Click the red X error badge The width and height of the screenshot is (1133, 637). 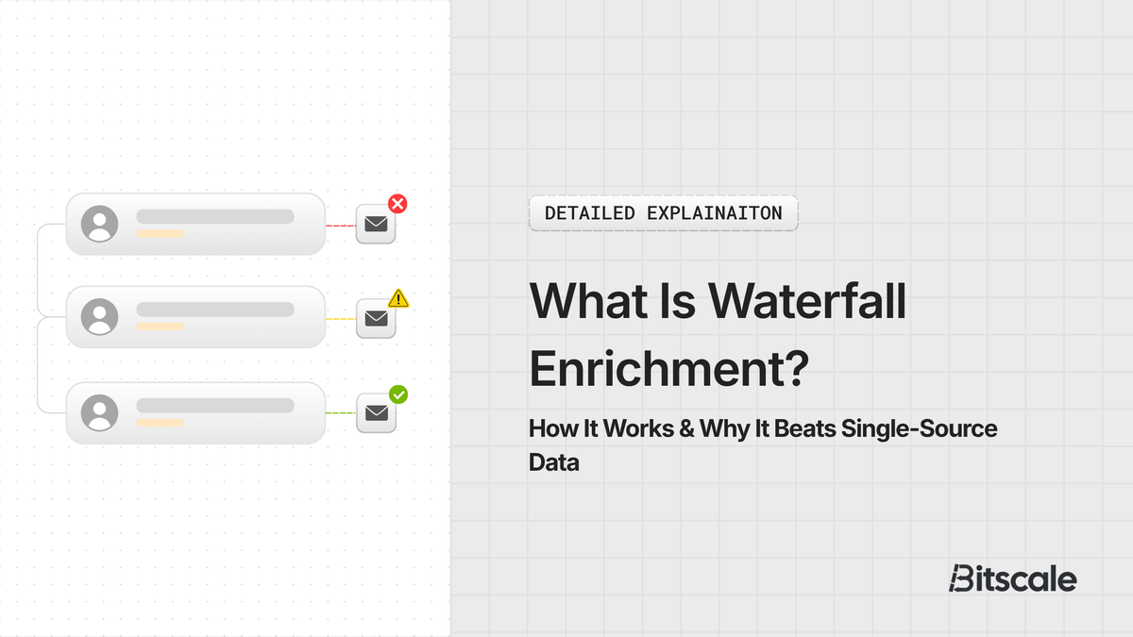point(397,203)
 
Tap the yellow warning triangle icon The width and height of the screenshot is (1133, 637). point(398,298)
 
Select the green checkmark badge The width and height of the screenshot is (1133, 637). point(398,394)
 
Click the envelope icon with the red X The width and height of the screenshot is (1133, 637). point(376,225)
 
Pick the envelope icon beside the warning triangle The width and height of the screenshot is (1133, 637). point(376,319)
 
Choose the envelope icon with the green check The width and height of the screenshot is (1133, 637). point(376,413)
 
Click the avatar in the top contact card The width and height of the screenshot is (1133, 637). point(99,224)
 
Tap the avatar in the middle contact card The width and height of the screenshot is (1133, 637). point(99,317)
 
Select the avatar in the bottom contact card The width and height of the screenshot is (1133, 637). point(99,412)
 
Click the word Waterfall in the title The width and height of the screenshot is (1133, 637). point(807,300)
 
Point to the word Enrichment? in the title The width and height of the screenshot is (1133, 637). point(668,368)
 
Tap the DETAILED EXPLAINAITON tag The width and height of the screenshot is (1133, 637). point(663,213)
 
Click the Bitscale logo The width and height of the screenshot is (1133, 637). point(1012,578)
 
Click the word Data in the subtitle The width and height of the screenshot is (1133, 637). point(553,463)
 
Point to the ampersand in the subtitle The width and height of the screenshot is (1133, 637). point(685,429)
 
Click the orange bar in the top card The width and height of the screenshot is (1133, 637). point(160,233)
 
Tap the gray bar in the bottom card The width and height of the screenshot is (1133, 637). point(215,405)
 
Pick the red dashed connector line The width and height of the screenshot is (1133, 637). point(340,226)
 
